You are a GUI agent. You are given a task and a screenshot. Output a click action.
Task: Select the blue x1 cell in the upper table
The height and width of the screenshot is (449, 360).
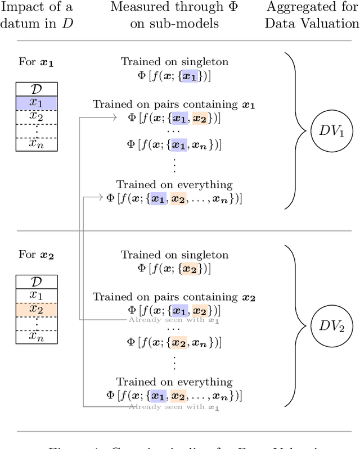coord(36,102)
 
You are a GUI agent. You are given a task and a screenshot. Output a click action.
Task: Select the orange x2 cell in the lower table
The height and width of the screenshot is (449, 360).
coord(36,309)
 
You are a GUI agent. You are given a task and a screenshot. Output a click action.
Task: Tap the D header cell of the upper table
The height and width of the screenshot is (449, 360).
coord(36,89)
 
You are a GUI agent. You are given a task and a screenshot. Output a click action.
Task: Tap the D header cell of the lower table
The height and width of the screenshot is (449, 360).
coord(36,283)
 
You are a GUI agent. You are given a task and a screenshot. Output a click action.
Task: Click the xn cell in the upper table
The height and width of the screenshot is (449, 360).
coord(36,144)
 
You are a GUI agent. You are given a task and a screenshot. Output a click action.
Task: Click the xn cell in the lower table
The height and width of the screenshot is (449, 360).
coord(36,336)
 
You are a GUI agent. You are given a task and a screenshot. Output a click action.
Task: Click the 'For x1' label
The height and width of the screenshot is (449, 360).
coord(37,62)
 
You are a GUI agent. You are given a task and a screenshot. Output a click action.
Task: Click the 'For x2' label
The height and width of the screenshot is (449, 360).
coord(37,255)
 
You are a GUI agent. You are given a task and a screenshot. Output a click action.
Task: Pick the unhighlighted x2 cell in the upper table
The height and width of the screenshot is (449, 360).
coord(36,116)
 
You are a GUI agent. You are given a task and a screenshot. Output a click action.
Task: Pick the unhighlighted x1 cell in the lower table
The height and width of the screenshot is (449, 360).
coord(36,296)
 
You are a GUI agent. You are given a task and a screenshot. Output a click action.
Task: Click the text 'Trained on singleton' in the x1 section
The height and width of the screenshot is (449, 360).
coord(174,62)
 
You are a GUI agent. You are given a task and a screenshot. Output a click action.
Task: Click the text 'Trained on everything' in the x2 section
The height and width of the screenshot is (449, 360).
coord(174,382)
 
